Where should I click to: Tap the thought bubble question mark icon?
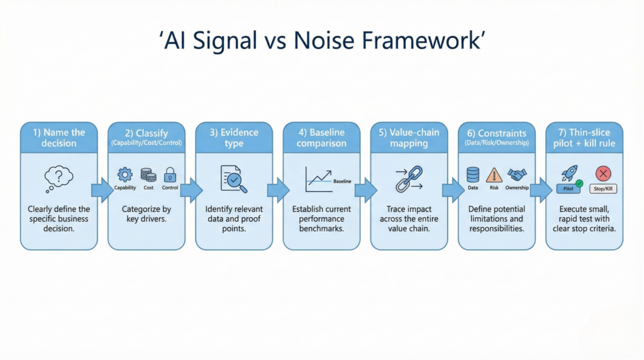click(x=58, y=178)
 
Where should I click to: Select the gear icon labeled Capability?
click(x=125, y=174)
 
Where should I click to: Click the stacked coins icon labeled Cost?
click(x=148, y=174)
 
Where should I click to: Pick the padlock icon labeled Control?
click(x=170, y=174)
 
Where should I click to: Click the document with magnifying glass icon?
click(x=233, y=179)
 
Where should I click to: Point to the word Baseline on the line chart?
click(x=342, y=181)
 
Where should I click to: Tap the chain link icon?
click(x=408, y=178)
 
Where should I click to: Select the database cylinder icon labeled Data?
click(x=473, y=174)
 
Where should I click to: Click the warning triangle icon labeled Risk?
click(x=494, y=174)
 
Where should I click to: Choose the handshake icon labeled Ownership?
click(x=517, y=174)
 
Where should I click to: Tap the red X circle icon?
click(x=603, y=173)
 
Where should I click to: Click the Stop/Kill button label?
click(x=603, y=188)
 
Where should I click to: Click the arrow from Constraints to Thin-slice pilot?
click(x=539, y=189)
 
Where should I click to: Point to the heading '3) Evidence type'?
click(x=234, y=137)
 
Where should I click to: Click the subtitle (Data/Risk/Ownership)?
click(x=496, y=143)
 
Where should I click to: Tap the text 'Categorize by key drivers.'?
click(x=146, y=213)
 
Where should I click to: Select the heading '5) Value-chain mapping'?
click(x=409, y=137)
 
